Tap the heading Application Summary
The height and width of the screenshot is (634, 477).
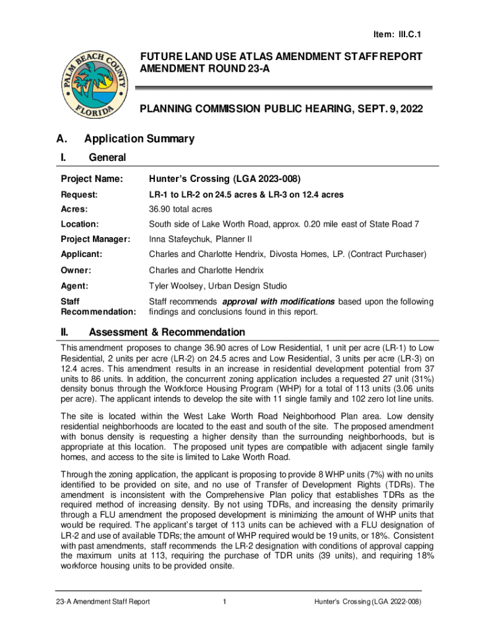pyautogui.click(x=139, y=139)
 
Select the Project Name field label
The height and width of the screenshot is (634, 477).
pyautogui.click(x=92, y=180)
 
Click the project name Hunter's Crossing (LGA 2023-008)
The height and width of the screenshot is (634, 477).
pyautogui.click(x=225, y=180)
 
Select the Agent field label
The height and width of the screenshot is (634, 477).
pyautogui.click(x=75, y=286)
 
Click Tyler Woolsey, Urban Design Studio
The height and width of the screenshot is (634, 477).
pyautogui.click(x=217, y=286)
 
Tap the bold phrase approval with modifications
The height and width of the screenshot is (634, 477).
pyautogui.click(x=278, y=302)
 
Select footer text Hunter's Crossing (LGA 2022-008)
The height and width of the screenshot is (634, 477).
pyautogui.click(x=367, y=602)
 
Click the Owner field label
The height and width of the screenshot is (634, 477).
pyautogui.click(x=76, y=271)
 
